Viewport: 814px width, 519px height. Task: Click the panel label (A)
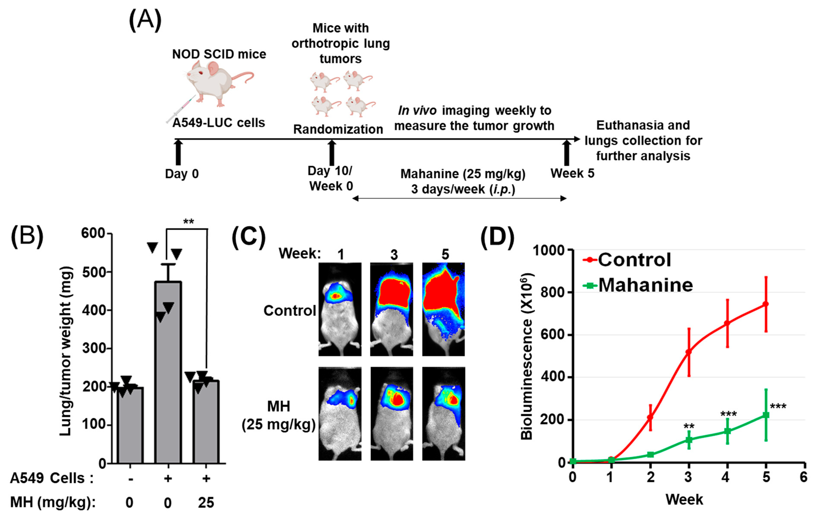(145, 20)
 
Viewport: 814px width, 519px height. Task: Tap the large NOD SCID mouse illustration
(216, 83)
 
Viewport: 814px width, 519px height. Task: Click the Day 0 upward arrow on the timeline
(178, 153)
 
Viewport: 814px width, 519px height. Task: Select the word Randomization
(338, 129)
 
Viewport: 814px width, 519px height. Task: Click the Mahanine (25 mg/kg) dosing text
(463, 174)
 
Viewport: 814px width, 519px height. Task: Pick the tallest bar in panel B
(168, 372)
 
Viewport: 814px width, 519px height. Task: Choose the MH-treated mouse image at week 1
(340, 413)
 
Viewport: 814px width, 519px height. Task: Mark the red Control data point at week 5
(766, 304)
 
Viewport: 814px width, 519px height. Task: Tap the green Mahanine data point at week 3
(689, 440)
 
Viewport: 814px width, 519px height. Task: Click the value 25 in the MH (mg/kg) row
(206, 503)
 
